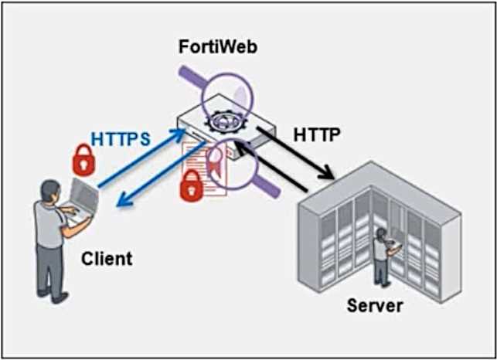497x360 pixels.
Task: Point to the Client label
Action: click(x=107, y=258)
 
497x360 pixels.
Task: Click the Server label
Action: click(x=374, y=305)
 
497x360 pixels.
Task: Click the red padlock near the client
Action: click(x=83, y=160)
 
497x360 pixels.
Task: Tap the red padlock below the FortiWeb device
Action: click(x=190, y=186)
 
